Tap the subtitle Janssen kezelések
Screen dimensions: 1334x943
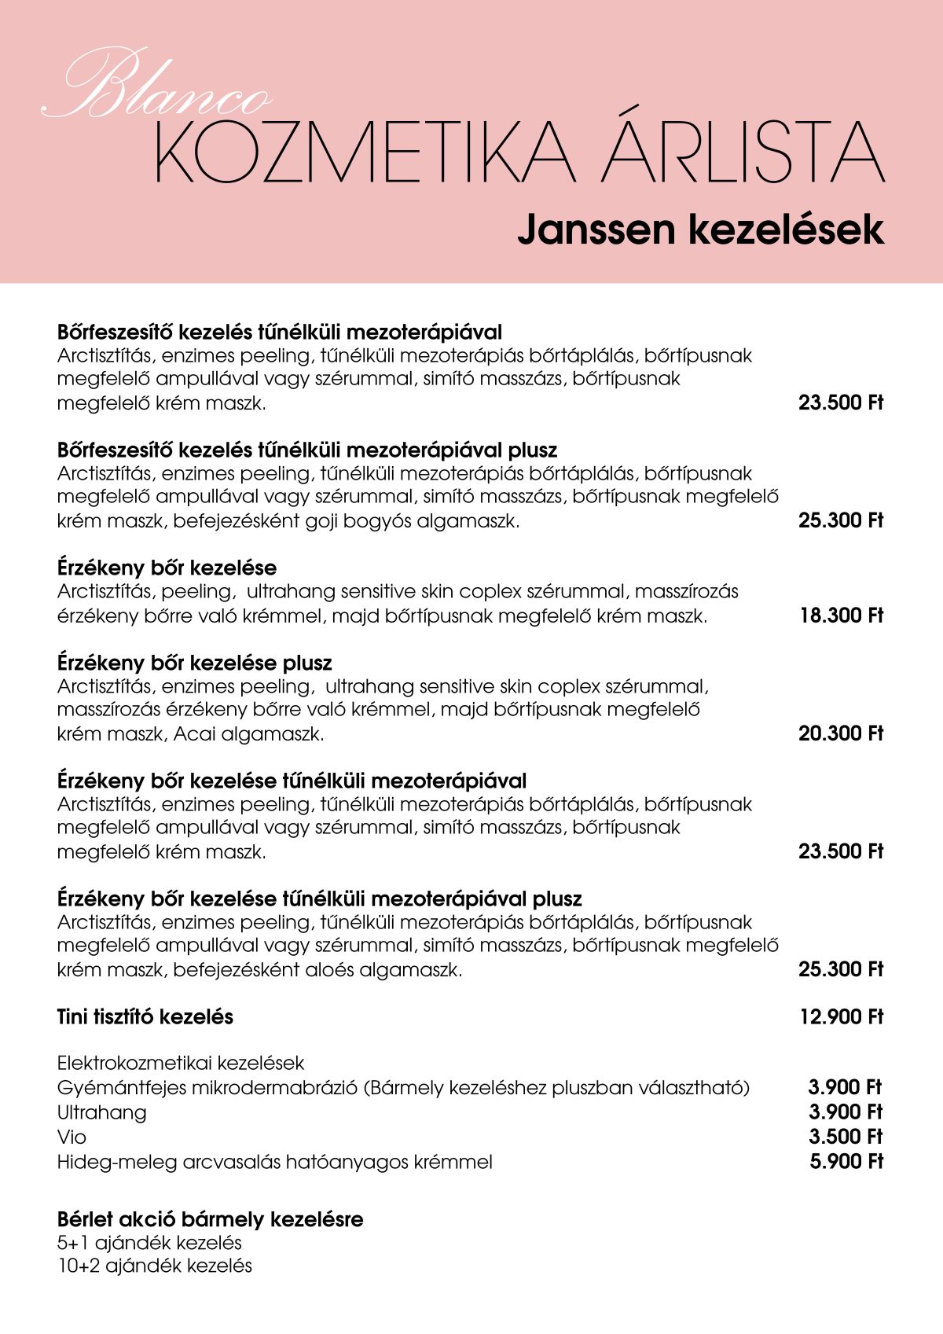(x=700, y=230)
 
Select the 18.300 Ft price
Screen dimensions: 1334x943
(x=841, y=616)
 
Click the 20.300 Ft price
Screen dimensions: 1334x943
(x=841, y=733)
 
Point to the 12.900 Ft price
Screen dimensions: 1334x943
(x=841, y=1017)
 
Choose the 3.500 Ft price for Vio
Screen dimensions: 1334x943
(x=846, y=1137)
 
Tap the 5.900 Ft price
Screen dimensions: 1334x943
(x=846, y=1161)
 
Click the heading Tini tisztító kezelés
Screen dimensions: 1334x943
(x=145, y=1017)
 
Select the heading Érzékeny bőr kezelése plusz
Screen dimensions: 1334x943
(x=195, y=663)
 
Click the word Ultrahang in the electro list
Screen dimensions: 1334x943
(x=102, y=1112)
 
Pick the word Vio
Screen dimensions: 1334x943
(x=72, y=1137)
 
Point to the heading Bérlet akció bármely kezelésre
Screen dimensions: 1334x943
(x=211, y=1219)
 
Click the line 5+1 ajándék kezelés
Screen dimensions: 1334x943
(x=149, y=1243)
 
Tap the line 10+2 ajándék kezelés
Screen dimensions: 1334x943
(x=155, y=1266)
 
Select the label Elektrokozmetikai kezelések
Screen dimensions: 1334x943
(x=181, y=1064)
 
